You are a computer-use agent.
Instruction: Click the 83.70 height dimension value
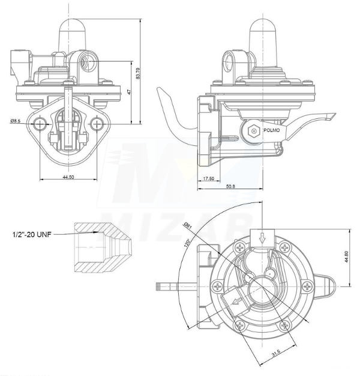[137, 73]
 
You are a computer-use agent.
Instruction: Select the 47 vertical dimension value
[129, 92]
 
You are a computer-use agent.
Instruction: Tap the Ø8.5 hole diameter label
[16, 121]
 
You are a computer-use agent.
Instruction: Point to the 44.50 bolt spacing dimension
[68, 177]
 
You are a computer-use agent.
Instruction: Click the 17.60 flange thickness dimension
[209, 178]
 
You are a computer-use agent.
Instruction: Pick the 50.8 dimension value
[230, 186]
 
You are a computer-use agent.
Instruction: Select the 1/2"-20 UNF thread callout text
[32, 234]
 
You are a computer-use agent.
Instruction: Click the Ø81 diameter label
[188, 226]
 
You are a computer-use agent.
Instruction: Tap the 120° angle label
[187, 243]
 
